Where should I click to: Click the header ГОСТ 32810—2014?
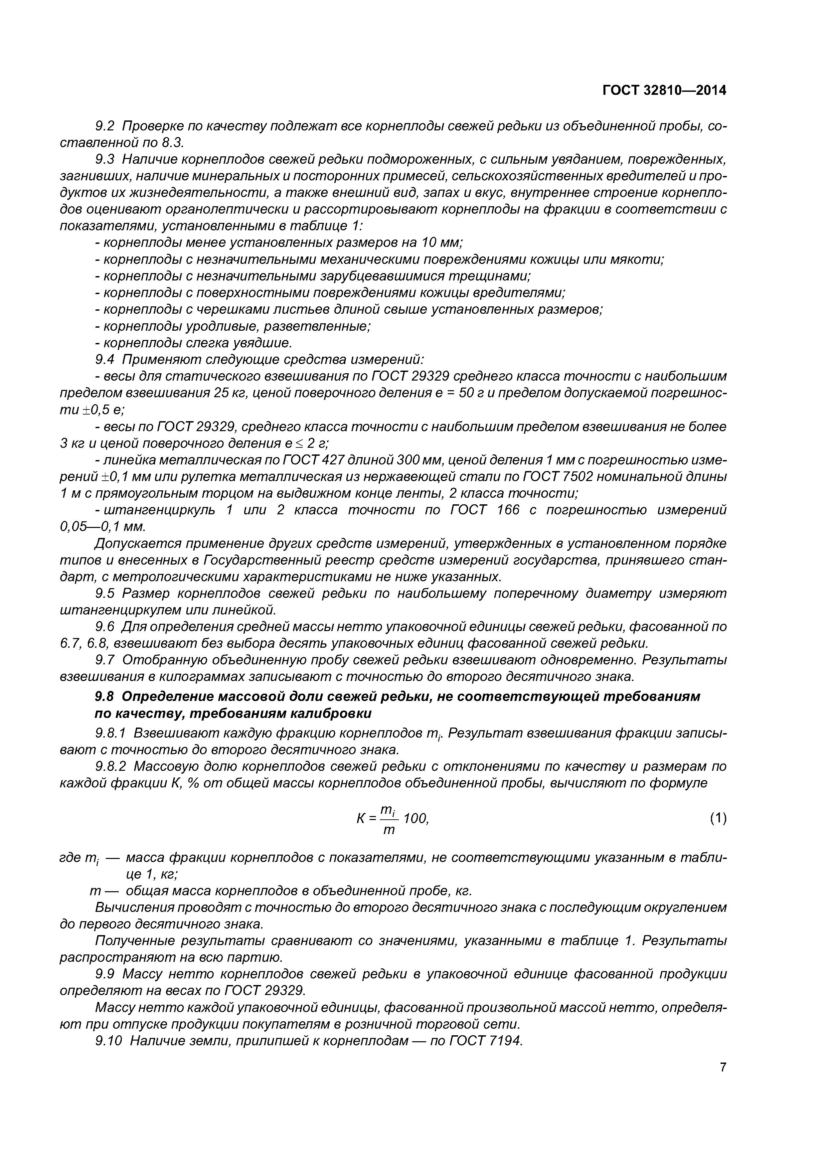(x=664, y=90)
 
